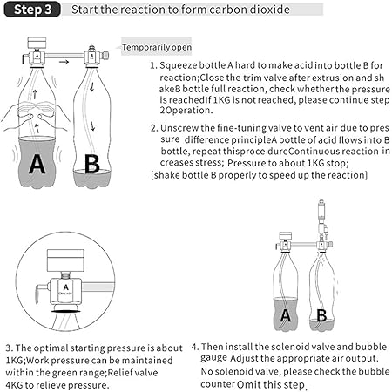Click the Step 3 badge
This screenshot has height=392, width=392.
click(32, 10)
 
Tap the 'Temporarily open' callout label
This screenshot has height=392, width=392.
click(157, 47)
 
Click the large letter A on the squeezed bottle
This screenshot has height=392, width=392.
click(37, 164)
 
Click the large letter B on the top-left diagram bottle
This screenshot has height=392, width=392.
click(91, 164)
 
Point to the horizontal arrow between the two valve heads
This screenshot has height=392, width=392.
click(64, 62)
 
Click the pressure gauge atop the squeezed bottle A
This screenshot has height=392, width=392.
click(37, 43)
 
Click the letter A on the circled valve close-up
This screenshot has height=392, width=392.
click(66, 287)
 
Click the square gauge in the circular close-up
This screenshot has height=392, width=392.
click(65, 260)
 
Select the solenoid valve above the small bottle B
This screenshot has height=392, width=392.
click(321, 216)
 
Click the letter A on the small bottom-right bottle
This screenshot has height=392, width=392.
click(286, 315)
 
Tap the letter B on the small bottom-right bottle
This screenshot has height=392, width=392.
click(321, 315)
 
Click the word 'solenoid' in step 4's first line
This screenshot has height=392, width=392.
click(274, 347)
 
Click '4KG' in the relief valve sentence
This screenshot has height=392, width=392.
click(14, 385)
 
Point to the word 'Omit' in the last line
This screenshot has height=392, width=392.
click(247, 384)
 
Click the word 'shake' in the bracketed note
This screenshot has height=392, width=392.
click(165, 175)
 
